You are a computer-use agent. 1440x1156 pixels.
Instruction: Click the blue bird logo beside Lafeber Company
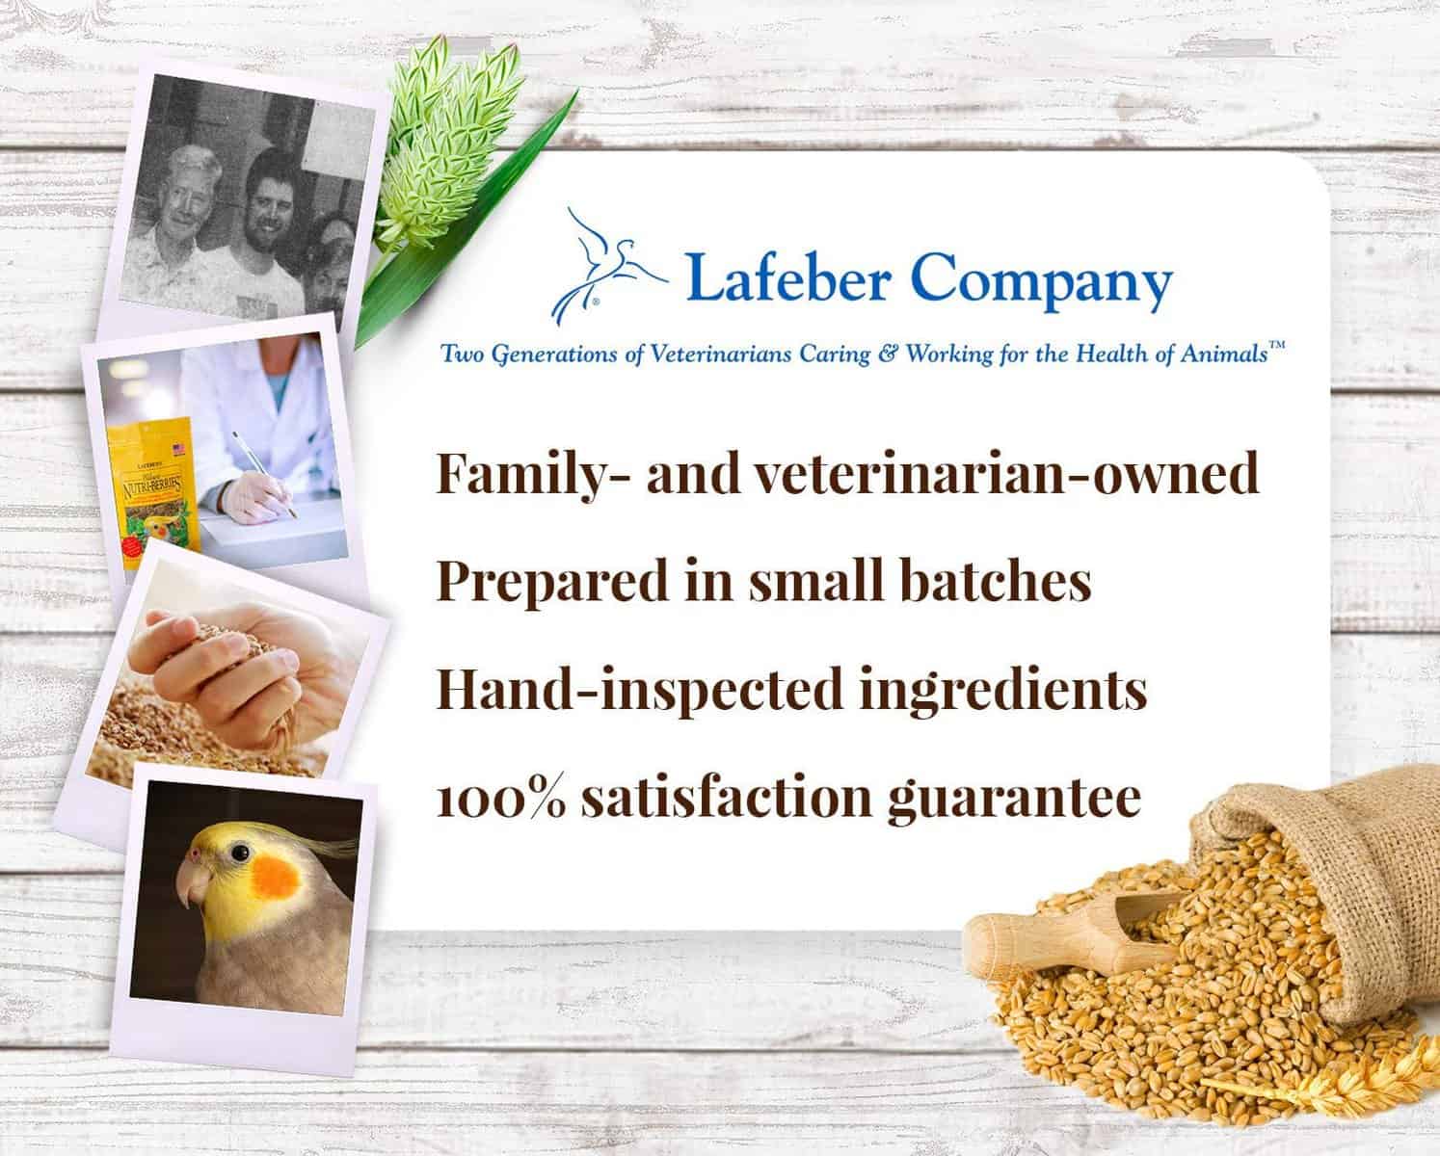(x=605, y=268)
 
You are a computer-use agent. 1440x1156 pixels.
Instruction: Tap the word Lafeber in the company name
(x=787, y=276)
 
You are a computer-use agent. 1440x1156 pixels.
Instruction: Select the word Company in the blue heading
(x=1041, y=281)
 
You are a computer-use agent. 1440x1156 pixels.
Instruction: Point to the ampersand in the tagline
(x=888, y=354)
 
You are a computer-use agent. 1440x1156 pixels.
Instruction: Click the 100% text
(x=501, y=798)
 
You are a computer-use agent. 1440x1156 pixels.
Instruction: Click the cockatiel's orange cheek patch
(x=275, y=877)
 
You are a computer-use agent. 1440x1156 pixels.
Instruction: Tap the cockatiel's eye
(x=240, y=854)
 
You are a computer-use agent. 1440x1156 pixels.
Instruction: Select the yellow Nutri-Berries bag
(x=152, y=491)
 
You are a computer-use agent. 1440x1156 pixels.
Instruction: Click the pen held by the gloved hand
(x=265, y=475)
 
